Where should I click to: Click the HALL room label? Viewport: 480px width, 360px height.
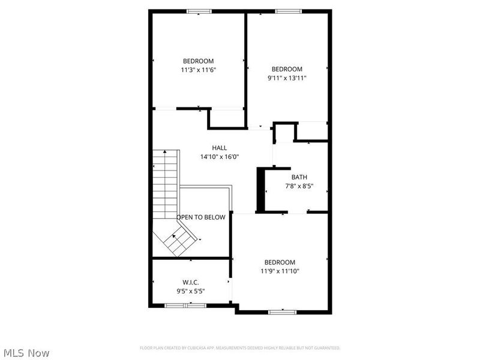[x=219, y=148]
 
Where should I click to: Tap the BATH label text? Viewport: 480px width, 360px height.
[x=299, y=177]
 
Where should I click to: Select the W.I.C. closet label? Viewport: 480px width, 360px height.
[x=190, y=282]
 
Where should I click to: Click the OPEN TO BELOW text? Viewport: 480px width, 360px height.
[x=201, y=217]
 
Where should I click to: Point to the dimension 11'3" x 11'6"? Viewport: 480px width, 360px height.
[x=198, y=70]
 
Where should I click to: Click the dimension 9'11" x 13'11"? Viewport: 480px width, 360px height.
[x=287, y=77]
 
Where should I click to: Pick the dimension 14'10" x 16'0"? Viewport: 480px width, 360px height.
[x=219, y=157]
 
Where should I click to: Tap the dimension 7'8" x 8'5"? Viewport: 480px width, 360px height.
[x=299, y=186]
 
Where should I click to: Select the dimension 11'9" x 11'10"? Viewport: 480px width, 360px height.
[x=280, y=271]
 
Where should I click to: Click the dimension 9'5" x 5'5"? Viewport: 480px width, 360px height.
[x=190, y=291]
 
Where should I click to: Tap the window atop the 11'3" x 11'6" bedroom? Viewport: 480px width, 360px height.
[x=199, y=11]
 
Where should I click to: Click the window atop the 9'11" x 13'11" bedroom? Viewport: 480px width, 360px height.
[x=288, y=11]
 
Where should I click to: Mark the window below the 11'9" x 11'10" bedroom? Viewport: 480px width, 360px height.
[x=282, y=311]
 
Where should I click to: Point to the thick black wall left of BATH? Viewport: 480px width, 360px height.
[x=261, y=190]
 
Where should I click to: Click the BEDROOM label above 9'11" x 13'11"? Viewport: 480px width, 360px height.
[x=287, y=69]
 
